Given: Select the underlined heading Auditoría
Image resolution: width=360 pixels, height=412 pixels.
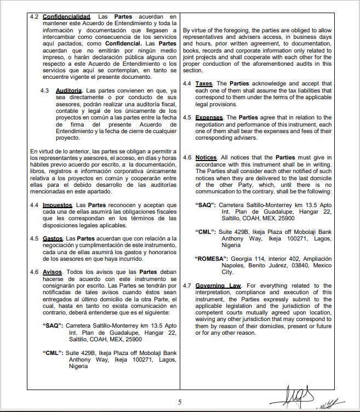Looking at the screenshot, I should pyautogui.click(x=68, y=89).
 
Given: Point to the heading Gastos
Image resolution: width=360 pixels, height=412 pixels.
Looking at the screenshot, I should pyautogui.click(x=53, y=239).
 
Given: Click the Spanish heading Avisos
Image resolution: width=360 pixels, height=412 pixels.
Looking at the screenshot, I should pyautogui.click(x=53, y=272).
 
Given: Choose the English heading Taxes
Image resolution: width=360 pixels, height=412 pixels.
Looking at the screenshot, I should pyautogui.click(x=204, y=83).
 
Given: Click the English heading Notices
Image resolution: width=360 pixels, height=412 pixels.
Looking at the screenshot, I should pyautogui.click(x=206, y=158).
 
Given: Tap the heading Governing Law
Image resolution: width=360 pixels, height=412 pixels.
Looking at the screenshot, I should pyautogui.click(x=218, y=285).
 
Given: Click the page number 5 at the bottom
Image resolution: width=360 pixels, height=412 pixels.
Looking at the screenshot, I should pyautogui.click(x=180, y=402).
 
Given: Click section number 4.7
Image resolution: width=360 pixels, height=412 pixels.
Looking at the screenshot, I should pyautogui.click(x=187, y=285).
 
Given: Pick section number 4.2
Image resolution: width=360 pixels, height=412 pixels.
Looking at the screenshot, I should pyautogui.click(x=34, y=18).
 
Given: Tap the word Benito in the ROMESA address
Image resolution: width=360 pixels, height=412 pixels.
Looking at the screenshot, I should pyautogui.click(x=258, y=265).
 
